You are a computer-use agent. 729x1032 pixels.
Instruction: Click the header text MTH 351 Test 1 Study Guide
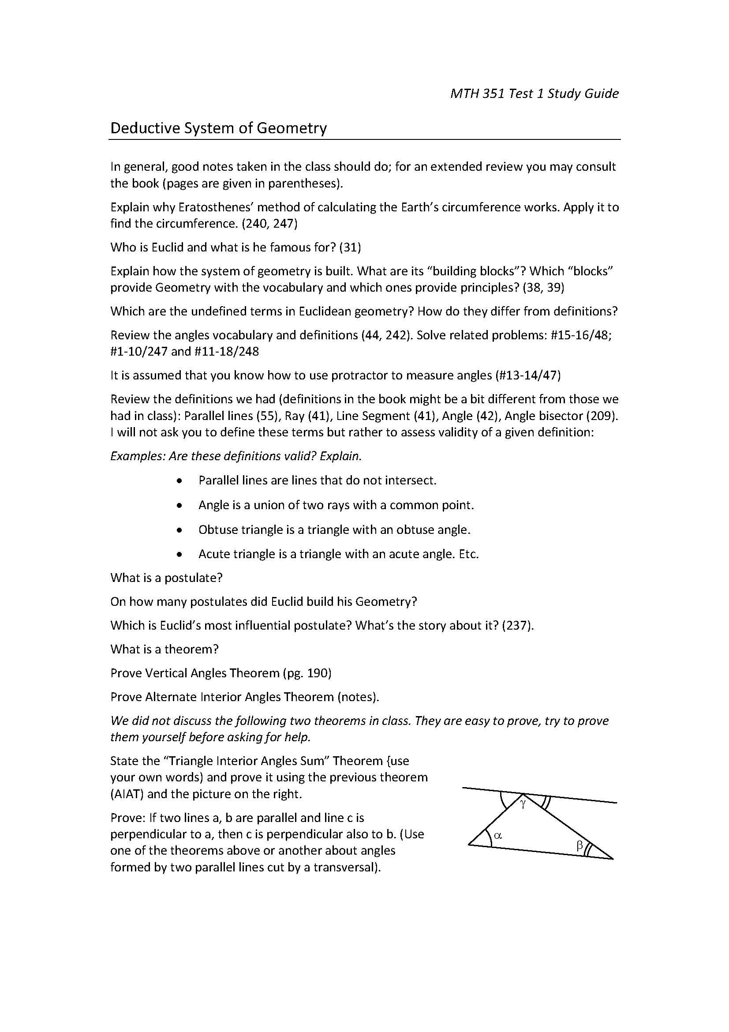click(x=534, y=94)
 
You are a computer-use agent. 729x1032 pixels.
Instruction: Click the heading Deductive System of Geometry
click(x=218, y=128)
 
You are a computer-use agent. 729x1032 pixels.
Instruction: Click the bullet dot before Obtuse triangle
click(x=179, y=530)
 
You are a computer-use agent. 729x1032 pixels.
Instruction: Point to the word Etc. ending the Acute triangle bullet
click(x=468, y=554)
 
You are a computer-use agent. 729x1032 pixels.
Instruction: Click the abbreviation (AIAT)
click(x=127, y=794)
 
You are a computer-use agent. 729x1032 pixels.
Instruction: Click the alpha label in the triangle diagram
click(x=497, y=836)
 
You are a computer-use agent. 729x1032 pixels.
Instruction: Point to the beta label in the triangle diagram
click(x=579, y=846)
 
